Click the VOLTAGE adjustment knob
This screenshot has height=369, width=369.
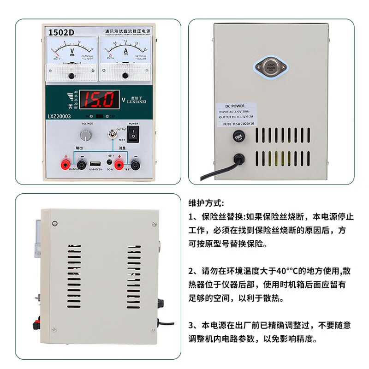[85, 135]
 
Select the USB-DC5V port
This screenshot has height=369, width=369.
[95, 164]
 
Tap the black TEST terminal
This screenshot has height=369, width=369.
[136, 164]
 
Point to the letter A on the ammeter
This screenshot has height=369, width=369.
[125, 50]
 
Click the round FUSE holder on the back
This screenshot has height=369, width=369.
[239, 137]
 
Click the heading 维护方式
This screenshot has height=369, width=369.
[206, 203]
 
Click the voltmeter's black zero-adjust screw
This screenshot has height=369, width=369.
[71, 76]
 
